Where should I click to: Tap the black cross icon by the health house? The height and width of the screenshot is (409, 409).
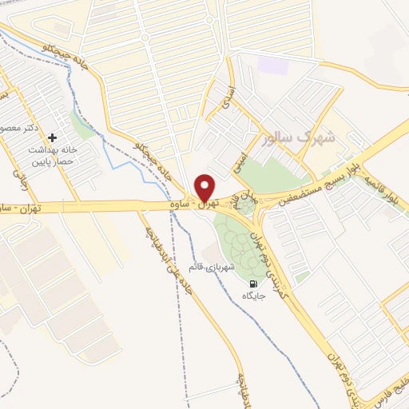(x=54, y=138)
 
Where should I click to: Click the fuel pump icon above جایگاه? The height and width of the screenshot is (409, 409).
(x=253, y=284)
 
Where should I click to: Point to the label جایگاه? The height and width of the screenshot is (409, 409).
(x=253, y=296)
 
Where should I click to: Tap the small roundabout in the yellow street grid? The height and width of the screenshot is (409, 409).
(x=144, y=37)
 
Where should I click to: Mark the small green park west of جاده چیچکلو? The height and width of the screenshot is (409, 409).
(x=82, y=124)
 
